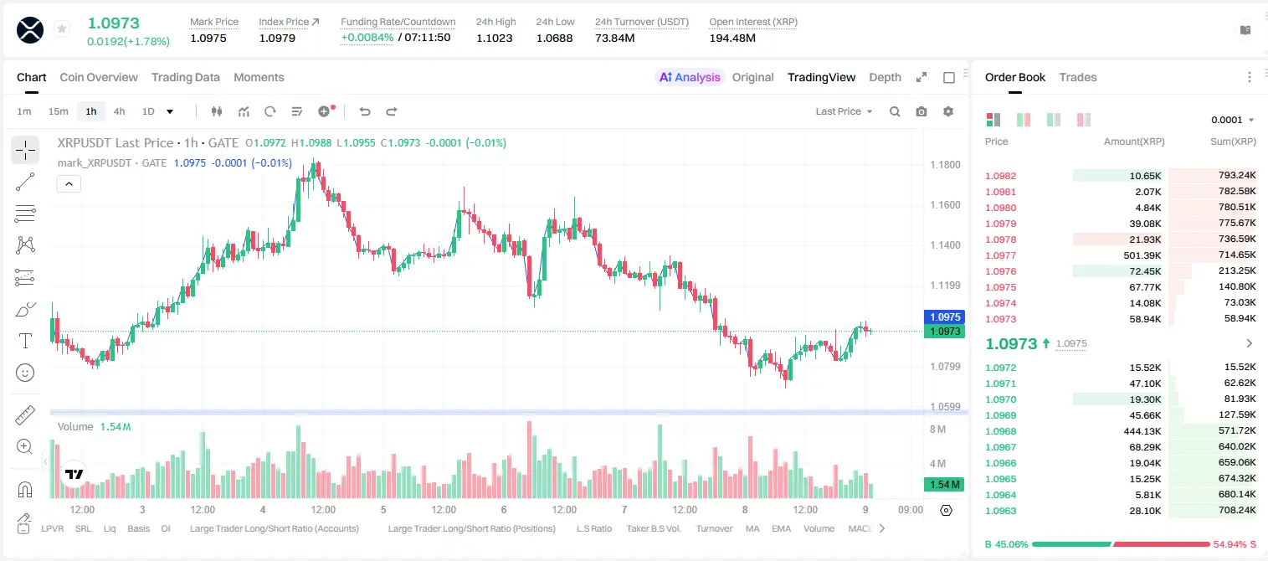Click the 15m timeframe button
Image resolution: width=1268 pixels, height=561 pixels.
59,111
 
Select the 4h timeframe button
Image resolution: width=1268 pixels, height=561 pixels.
119,111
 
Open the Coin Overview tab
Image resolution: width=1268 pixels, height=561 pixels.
99,77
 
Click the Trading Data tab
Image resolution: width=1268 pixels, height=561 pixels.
185,77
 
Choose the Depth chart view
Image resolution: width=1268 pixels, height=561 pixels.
885,77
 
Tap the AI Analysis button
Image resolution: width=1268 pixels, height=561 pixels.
690,77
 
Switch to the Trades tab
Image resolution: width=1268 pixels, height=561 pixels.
1078,77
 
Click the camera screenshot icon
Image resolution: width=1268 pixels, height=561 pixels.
921,111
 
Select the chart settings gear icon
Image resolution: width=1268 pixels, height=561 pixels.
948,111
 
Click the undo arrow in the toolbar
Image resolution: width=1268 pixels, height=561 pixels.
365,111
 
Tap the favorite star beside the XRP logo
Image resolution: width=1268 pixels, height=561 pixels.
62,28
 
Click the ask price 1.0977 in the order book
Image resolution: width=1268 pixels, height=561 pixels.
1001,255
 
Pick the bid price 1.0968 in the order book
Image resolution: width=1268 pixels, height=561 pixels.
1001,431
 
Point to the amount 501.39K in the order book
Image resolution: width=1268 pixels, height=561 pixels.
1142,255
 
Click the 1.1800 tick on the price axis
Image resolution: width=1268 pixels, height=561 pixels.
945,165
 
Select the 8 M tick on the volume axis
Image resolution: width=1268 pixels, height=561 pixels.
937,429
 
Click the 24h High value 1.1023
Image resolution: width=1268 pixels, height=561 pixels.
494,38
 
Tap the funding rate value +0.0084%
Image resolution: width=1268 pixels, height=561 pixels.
367,38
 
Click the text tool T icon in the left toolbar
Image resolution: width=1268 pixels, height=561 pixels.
25,341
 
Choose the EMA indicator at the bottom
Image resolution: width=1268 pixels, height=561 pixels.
781,528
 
